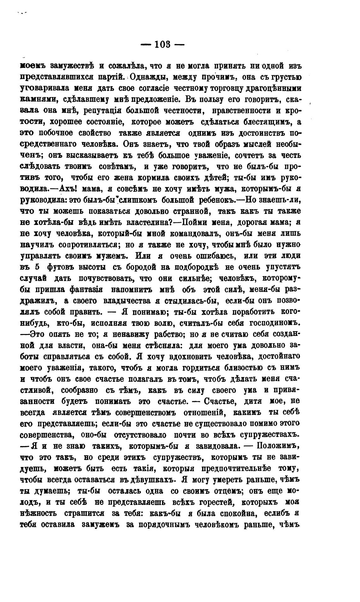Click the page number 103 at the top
(x=162, y=45)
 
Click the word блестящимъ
(x=267, y=122)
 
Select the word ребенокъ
(x=216, y=200)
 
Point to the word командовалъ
(x=193, y=233)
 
